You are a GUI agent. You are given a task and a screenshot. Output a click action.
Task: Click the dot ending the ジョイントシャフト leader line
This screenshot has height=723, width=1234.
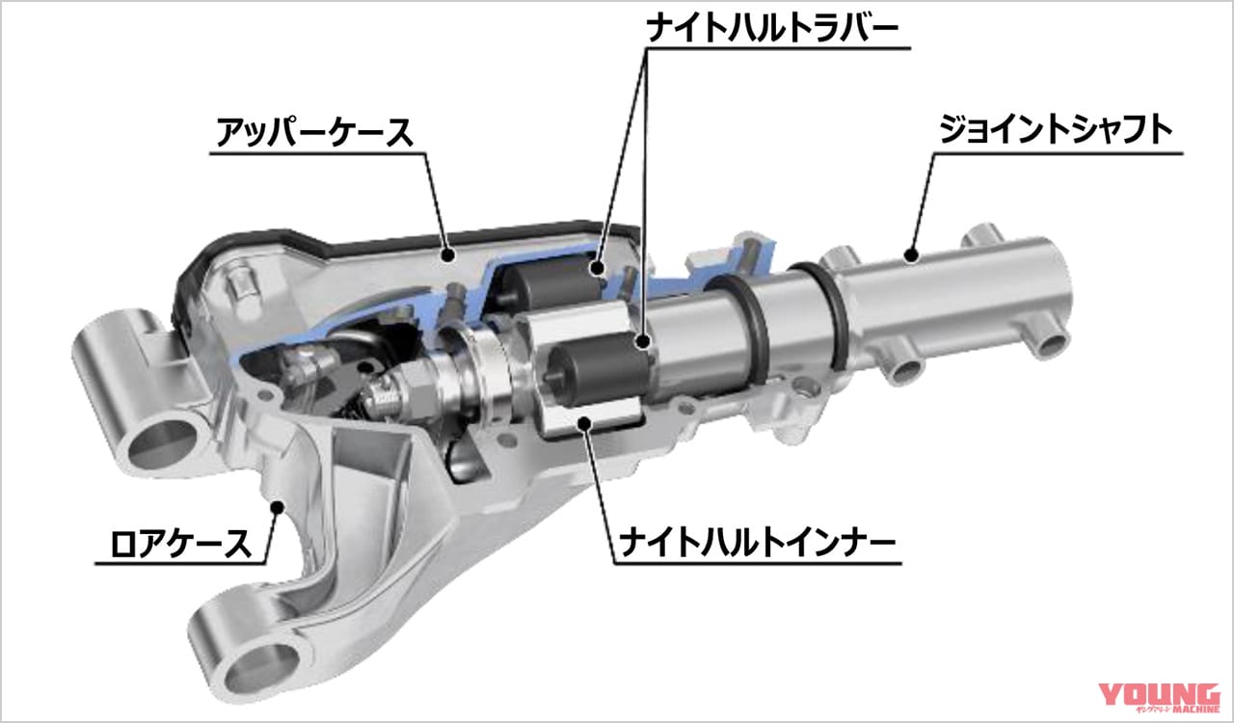click(909, 253)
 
